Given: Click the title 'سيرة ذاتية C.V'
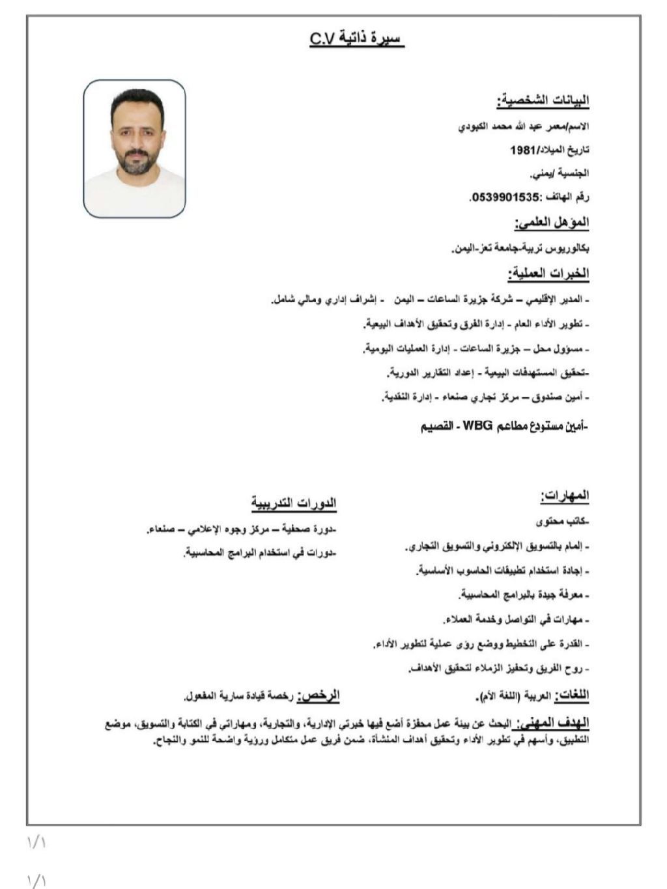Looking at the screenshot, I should (x=357, y=40).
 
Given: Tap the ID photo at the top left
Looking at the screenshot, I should (x=135, y=148).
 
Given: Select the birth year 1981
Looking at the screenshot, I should (x=522, y=150).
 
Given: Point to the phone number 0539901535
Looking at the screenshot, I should (x=505, y=197).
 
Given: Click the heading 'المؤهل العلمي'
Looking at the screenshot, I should (x=552, y=223).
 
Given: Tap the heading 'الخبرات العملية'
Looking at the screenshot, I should (x=548, y=274).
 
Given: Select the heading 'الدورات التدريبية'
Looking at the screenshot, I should (x=294, y=503).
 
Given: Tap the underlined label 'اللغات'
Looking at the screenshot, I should (x=571, y=696).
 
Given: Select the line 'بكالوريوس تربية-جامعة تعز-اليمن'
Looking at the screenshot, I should (x=520, y=249).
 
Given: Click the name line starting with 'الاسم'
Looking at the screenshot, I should (x=524, y=126).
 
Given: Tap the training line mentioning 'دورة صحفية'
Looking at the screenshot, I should (x=241, y=529).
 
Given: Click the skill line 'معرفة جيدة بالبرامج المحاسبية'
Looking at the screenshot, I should (x=524, y=595).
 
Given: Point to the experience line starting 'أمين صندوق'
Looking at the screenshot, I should (x=485, y=397).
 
